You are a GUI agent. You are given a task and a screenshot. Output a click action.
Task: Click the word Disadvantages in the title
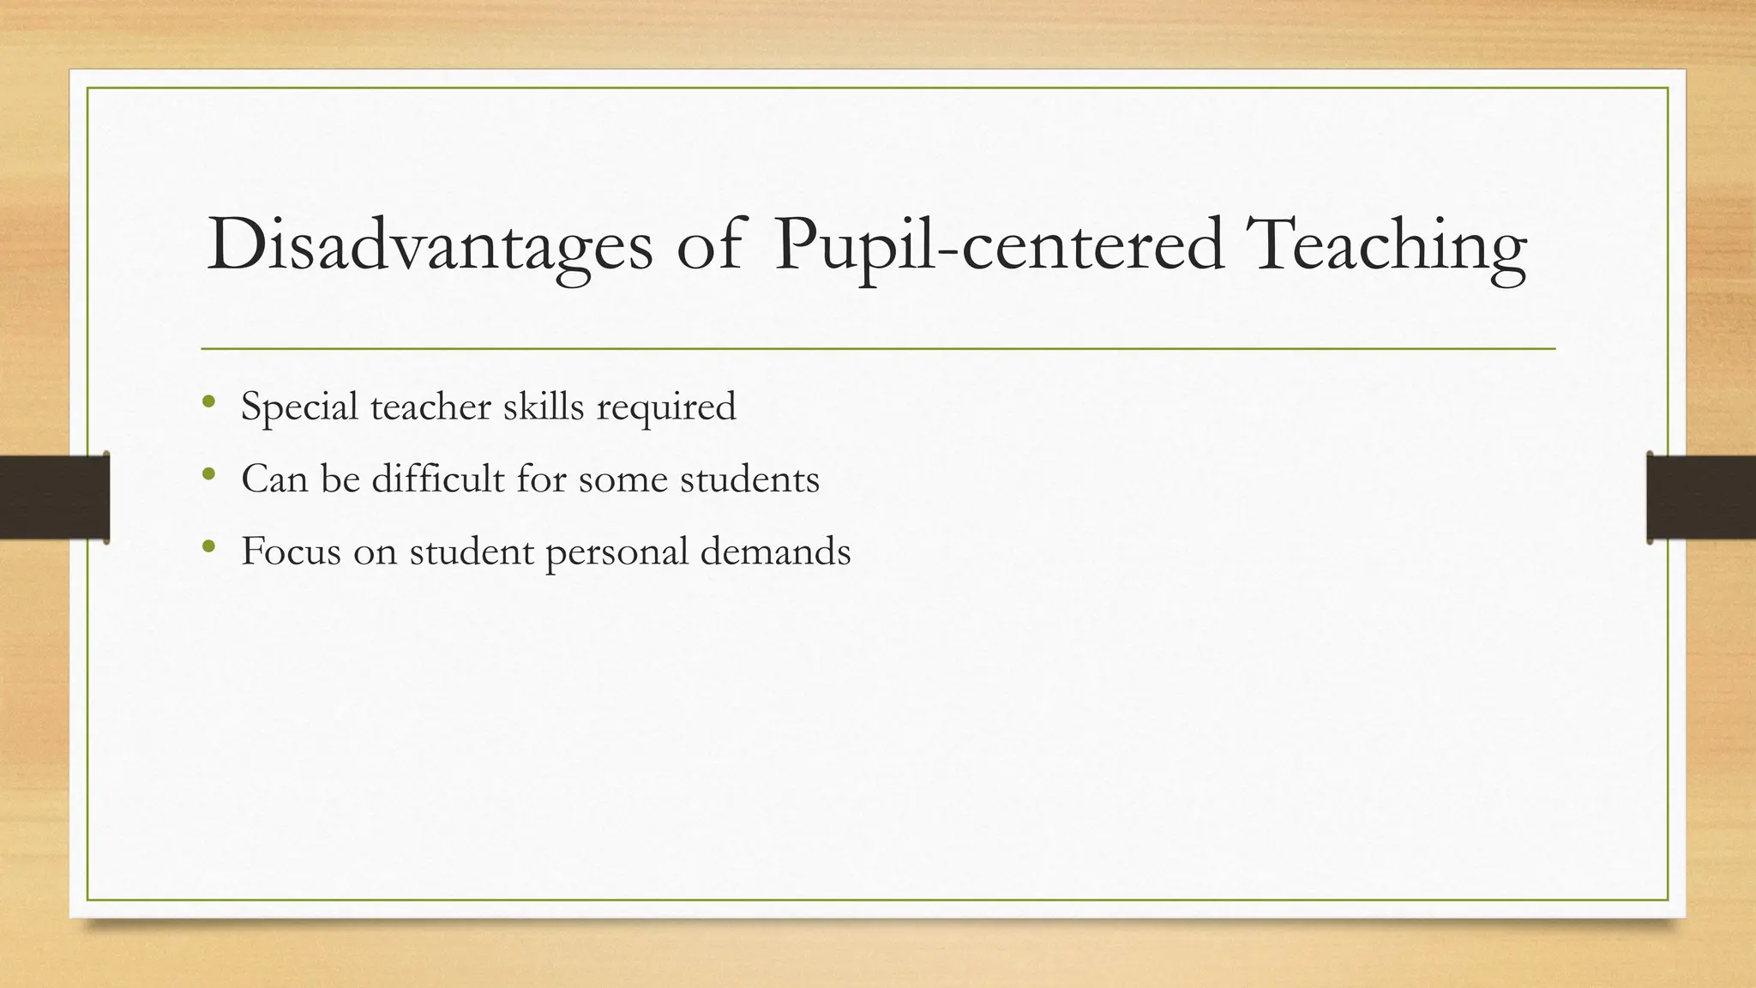(429, 246)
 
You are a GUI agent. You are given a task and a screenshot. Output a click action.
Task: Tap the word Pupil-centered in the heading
(998, 246)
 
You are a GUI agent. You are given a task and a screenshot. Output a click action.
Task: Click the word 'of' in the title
(708, 246)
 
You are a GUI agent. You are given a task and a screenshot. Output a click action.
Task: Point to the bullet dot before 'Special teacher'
(208, 401)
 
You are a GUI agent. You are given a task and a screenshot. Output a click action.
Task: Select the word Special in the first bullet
(299, 407)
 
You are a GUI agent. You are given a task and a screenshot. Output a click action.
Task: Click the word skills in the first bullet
(543, 406)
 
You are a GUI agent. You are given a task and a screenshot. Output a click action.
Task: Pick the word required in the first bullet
(665, 407)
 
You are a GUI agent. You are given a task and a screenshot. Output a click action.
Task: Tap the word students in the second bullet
(749, 479)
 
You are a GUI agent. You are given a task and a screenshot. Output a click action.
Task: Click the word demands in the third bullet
(775, 551)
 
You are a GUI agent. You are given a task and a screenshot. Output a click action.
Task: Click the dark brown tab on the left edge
(54, 497)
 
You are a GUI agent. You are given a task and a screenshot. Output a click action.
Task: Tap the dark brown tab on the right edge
(1701, 497)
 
